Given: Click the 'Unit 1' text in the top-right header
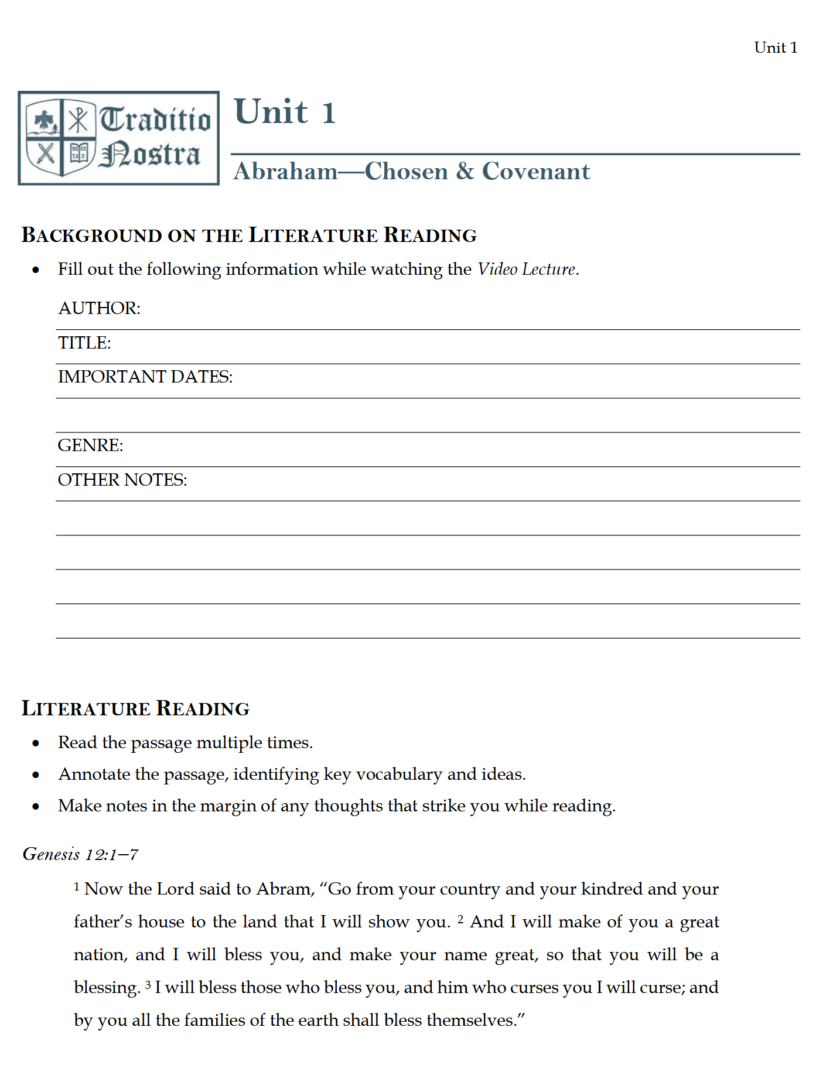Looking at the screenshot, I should tap(775, 47).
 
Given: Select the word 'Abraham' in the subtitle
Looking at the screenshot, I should tap(286, 172).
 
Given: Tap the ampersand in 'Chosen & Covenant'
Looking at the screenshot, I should tap(465, 171).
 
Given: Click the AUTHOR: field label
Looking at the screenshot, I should tap(99, 308).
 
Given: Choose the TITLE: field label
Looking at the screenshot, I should tap(84, 343).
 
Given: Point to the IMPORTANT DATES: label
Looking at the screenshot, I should tap(145, 377).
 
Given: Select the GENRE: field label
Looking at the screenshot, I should tap(90, 445).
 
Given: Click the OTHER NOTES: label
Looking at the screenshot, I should tap(122, 480).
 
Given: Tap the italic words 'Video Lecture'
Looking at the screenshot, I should tap(526, 269).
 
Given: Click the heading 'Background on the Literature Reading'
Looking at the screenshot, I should tap(249, 235).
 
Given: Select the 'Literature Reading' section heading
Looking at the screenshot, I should tap(135, 708).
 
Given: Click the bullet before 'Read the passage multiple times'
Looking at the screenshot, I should tap(36, 743).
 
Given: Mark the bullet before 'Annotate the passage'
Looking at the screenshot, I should tap(36, 775).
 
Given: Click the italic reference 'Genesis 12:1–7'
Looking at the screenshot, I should tap(80, 854).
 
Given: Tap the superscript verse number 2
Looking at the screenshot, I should tap(460, 919).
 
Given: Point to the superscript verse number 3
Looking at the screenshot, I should tap(148, 985).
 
